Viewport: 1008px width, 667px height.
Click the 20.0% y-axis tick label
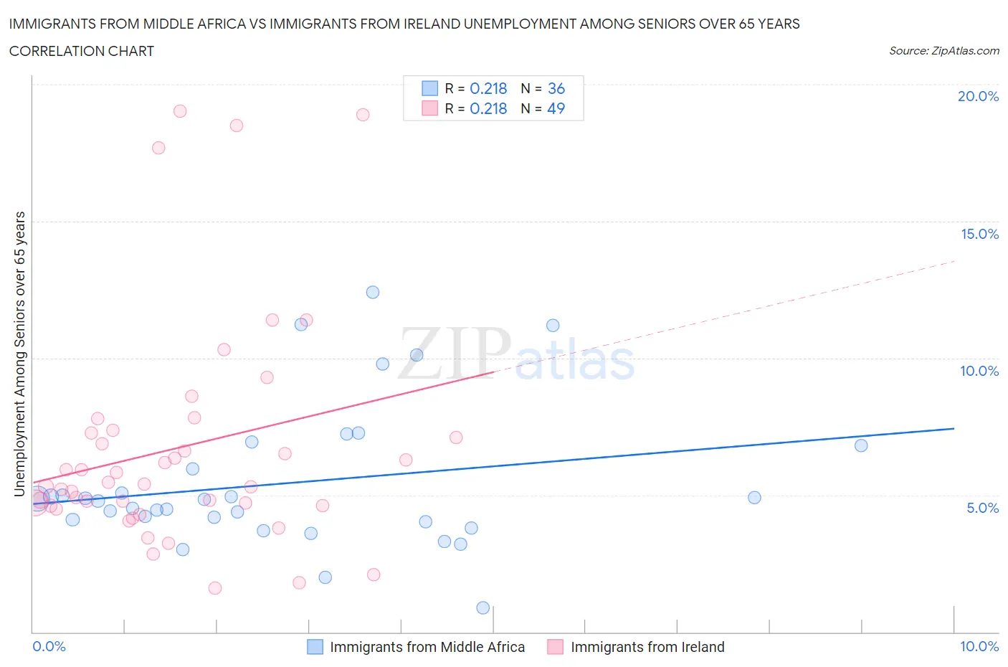click(978, 96)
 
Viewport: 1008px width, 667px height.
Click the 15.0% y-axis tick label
click(979, 234)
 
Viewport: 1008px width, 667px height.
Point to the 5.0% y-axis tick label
click(982, 508)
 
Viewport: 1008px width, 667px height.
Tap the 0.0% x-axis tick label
click(49, 646)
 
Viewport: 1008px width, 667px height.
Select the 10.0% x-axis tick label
click(979, 646)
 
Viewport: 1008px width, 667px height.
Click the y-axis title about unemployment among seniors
click(19, 354)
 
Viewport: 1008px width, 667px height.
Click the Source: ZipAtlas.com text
click(943, 51)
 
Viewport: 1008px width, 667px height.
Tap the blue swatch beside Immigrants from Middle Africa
click(315, 647)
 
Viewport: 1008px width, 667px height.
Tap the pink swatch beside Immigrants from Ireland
click(555, 647)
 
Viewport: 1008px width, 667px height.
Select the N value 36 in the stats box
click(556, 88)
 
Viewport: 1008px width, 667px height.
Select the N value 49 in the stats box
click(556, 108)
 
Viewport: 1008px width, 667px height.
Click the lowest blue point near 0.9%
click(483, 607)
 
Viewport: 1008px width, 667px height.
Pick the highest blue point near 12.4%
click(373, 292)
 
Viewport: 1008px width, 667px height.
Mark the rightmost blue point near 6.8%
click(861, 445)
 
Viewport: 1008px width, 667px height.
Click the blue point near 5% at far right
click(754, 498)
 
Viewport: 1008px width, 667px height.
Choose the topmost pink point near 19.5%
click(180, 111)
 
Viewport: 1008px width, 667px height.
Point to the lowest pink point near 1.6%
click(215, 588)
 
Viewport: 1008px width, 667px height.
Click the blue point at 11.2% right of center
click(553, 326)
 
